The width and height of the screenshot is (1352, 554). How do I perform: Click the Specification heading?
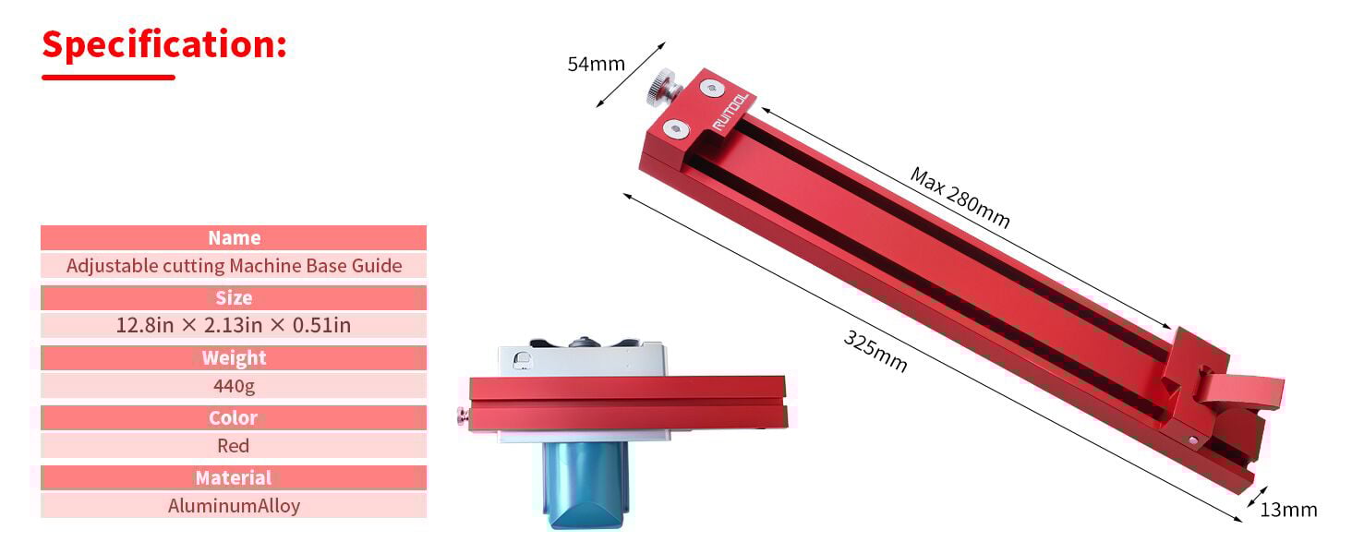pyautogui.click(x=164, y=44)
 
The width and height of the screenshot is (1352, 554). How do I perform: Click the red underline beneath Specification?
pyautogui.click(x=108, y=78)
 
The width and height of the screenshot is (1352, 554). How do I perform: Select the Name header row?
pyautogui.click(x=234, y=238)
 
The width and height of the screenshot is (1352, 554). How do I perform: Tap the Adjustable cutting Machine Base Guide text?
pyautogui.click(x=234, y=266)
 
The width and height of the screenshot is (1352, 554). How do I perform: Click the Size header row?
pyautogui.click(x=234, y=298)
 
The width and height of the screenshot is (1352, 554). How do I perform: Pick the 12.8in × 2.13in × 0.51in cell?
pyautogui.click(x=234, y=325)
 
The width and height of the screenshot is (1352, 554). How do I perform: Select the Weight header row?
pyautogui.click(x=234, y=358)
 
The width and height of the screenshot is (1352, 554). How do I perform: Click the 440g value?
pyautogui.click(x=234, y=385)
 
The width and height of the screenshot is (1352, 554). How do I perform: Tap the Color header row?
pyautogui.click(x=234, y=418)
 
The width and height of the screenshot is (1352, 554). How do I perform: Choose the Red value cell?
pyautogui.click(x=234, y=445)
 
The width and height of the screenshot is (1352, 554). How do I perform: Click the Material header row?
pyautogui.click(x=234, y=478)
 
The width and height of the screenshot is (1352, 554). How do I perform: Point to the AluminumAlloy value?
pyautogui.click(x=234, y=505)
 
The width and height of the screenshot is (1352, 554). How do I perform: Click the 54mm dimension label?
pyautogui.click(x=596, y=65)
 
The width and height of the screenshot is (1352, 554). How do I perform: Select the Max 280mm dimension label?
pyautogui.click(x=960, y=198)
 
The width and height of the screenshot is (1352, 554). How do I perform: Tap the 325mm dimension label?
pyautogui.click(x=875, y=351)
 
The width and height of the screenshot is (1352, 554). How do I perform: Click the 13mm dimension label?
pyautogui.click(x=1287, y=510)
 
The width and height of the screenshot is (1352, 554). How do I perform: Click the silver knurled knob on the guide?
pyautogui.click(x=661, y=90)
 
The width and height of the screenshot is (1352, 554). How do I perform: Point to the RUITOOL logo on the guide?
pyautogui.click(x=733, y=113)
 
